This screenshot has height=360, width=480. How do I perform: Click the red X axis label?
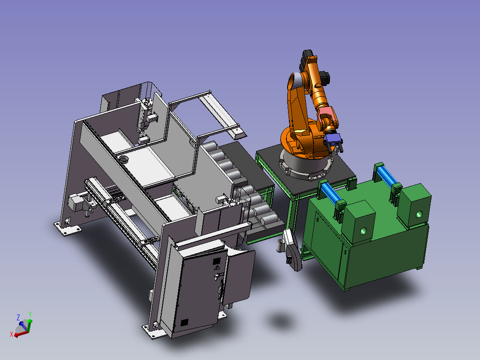click(12, 334)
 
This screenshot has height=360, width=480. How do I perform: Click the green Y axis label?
click(30, 315)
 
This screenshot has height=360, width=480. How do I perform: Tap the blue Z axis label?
click(18, 317)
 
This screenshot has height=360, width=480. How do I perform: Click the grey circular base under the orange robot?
click(305, 165)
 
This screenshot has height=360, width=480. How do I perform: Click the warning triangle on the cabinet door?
click(217, 268)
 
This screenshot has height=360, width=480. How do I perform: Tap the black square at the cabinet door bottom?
click(184, 323)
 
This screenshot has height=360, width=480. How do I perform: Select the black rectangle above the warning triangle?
click(216, 262)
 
